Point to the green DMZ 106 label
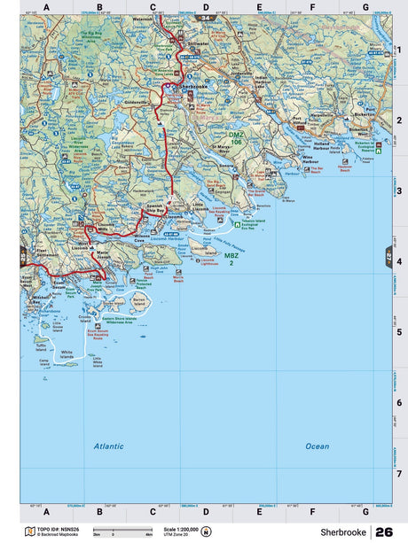coord(235,139)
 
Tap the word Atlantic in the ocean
coord(109,446)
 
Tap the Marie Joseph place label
coord(105,255)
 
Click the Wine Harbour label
coord(310,161)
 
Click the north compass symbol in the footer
coord(207,531)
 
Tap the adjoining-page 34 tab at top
coord(205,18)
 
